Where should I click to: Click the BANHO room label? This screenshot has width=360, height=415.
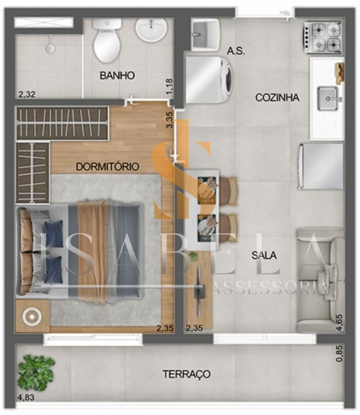tap(117, 75)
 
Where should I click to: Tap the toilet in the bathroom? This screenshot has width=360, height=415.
tap(107, 40)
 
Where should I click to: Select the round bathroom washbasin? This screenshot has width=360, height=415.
tap(151, 30)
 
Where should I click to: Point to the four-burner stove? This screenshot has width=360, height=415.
tap(322, 37)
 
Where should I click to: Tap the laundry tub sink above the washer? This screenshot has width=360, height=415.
tap(205, 35)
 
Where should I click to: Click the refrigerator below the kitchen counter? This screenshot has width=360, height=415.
tap(321, 166)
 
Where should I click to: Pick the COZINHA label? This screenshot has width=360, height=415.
tap(277, 97)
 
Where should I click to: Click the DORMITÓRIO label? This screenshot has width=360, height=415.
tap(107, 166)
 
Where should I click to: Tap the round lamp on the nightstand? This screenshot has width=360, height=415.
tap(32, 316)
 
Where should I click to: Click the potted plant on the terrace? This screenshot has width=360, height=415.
tap(36, 373)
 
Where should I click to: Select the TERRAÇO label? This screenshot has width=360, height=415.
tap(186, 374)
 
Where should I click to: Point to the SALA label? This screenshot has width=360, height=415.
tap(264, 255)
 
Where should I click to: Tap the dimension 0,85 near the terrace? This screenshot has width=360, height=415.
tap(339, 353)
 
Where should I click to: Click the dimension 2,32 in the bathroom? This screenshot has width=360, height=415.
tap(26, 94)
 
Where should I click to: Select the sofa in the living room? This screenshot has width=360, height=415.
tap(320, 280)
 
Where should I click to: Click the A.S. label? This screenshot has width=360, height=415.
tap(236, 51)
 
